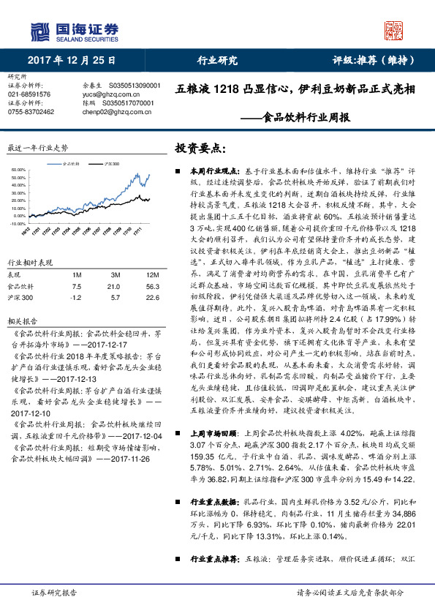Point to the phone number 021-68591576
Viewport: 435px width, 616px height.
click(x=29, y=94)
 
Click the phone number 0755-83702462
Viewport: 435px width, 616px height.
click(x=31, y=111)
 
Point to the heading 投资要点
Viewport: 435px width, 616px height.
click(x=195, y=148)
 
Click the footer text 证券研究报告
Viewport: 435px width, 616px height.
click(x=55, y=592)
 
